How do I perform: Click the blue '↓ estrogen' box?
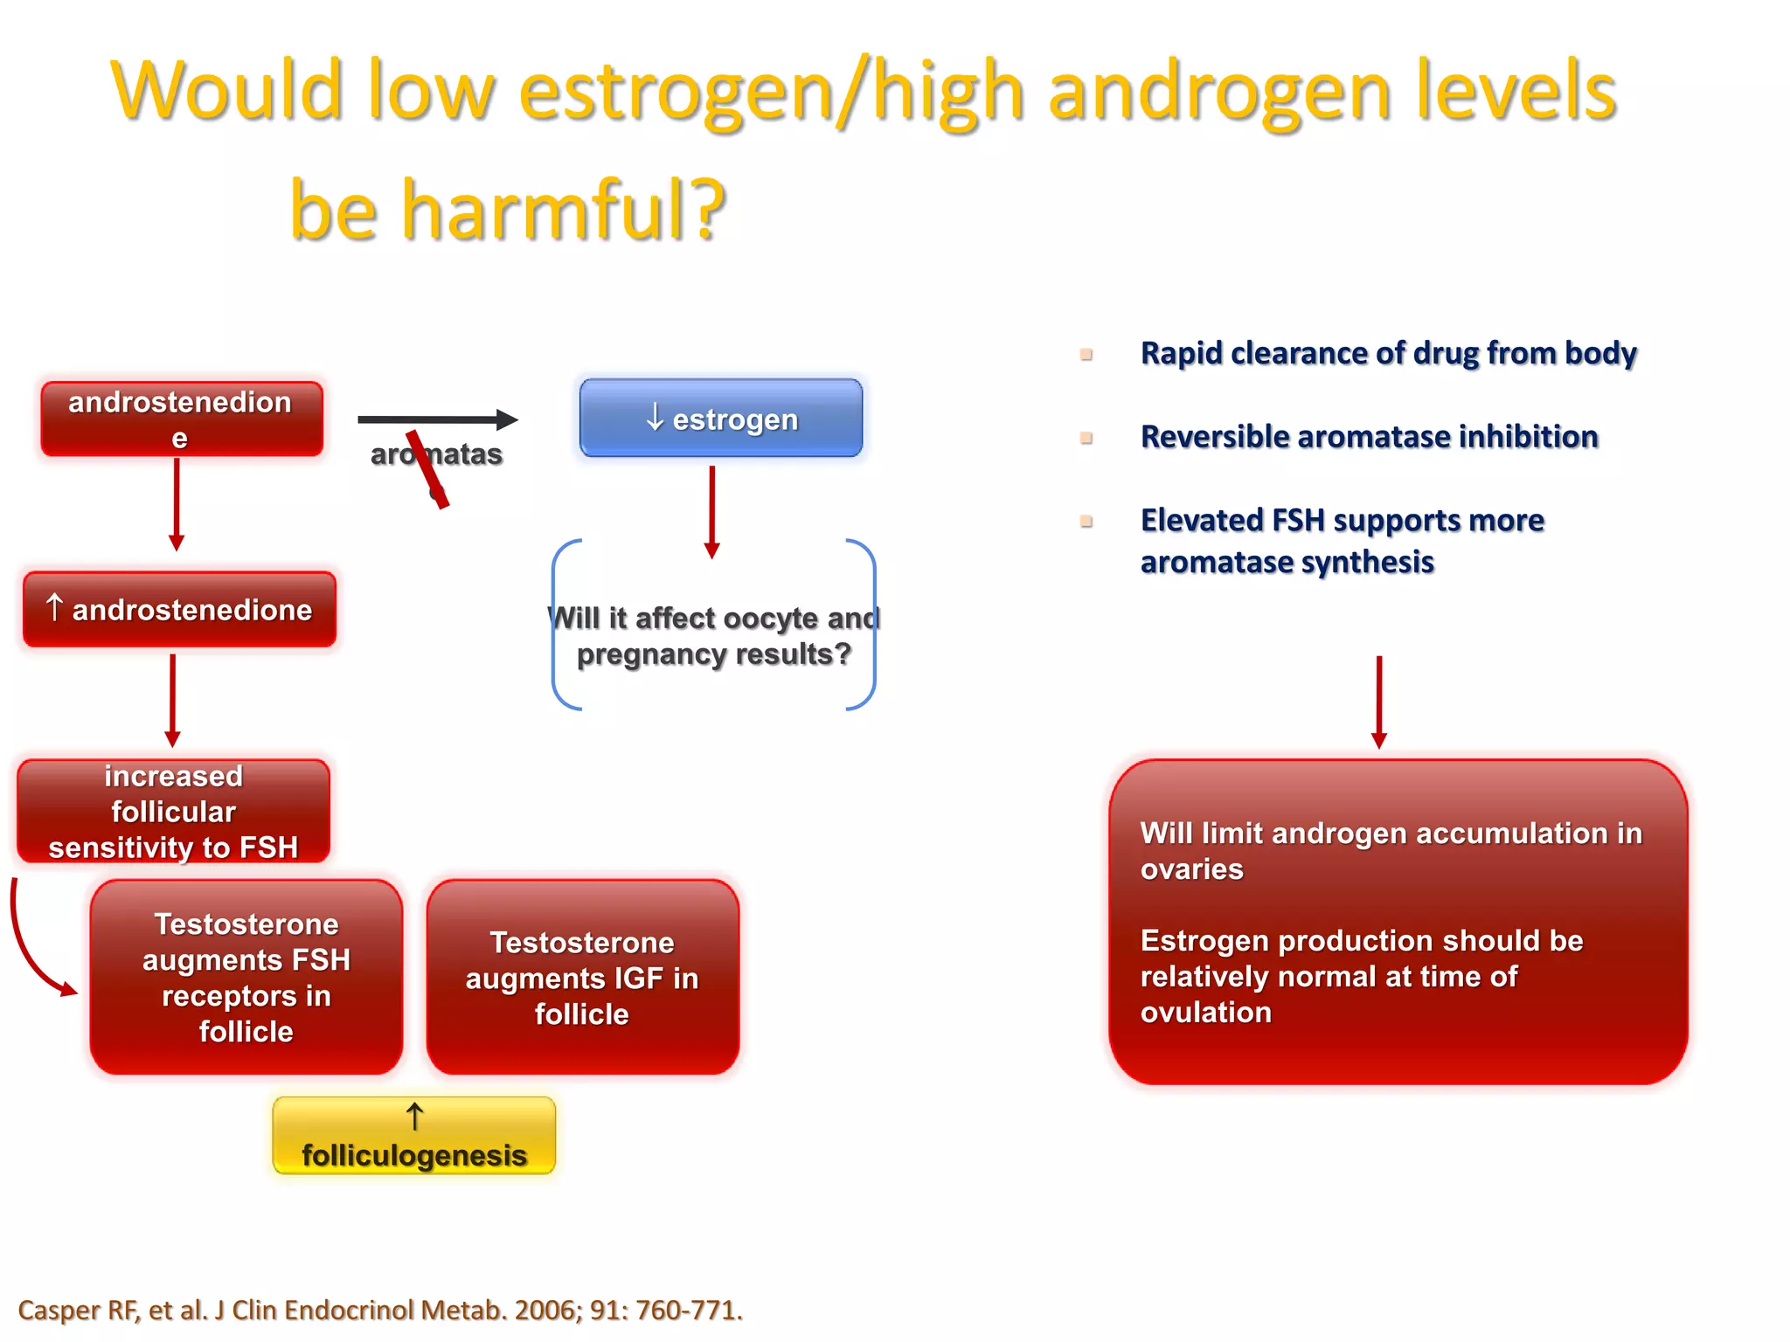(720, 419)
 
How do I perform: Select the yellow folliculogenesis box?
(413, 1136)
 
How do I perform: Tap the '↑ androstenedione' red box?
(179, 610)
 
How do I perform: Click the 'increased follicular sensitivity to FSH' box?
(173, 812)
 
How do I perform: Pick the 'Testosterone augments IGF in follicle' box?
(582, 978)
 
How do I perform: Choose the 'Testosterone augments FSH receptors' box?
(246, 978)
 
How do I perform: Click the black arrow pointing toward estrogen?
(437, 419)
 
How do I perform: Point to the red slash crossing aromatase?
(427, 469)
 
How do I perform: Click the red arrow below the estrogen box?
(711, 511)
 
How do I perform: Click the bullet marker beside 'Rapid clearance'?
(1086, 355)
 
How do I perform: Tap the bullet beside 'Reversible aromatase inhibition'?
(1086, 438)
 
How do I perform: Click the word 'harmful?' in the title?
(564, 210)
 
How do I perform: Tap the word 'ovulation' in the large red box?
(1205, 1013)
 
